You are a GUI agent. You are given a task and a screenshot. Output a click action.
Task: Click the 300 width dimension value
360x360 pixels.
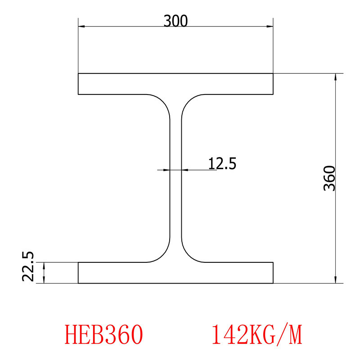pos(175,21)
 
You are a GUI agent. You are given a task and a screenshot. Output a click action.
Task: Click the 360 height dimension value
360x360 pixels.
pos(329,178)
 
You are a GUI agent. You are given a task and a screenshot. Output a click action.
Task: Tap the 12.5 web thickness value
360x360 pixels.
pos(222,163)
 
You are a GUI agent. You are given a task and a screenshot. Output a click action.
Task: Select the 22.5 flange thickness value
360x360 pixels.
pos(28,266)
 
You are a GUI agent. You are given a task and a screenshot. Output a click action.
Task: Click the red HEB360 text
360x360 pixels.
pos(104,334)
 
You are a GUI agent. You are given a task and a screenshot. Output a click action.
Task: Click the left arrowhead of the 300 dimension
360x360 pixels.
pos(81,27)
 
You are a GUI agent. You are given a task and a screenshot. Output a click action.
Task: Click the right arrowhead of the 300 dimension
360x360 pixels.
pos(270,27)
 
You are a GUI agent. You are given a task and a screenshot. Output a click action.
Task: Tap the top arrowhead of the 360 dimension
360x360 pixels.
pos(335,77)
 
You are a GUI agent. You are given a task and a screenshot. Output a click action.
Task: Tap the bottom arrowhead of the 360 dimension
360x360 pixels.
pos(335,279)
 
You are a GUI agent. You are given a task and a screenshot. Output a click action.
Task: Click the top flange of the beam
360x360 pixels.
pos(175,84)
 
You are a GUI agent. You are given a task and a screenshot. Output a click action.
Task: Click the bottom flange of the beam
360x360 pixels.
pos(175,273)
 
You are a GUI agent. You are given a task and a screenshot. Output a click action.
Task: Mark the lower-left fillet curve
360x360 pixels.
pos(163,255)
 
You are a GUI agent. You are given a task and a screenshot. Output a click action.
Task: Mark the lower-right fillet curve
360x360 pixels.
pos(188,255)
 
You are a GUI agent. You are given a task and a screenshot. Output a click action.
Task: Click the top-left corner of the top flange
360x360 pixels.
pos(78,73)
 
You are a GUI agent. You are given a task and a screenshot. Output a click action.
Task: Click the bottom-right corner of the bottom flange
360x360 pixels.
pos(273,283)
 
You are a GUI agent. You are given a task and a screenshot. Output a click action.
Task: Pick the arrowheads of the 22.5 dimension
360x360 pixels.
pos(44,273)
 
